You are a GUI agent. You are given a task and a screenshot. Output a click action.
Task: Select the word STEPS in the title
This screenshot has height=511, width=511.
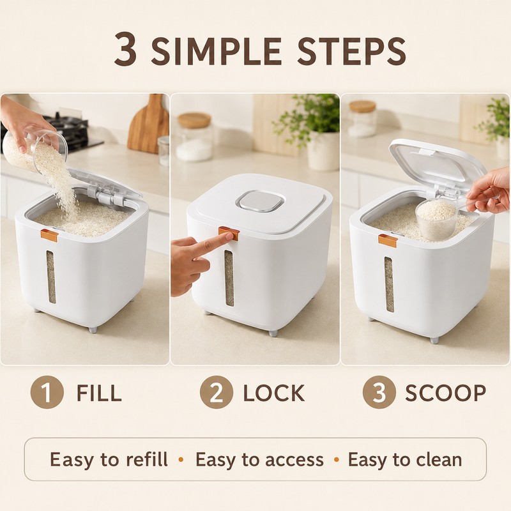click(351, 52)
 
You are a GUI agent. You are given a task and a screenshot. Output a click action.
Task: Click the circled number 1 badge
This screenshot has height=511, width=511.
click(47, 392)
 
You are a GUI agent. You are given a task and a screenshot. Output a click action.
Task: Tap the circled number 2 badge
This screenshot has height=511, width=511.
click(217, 392)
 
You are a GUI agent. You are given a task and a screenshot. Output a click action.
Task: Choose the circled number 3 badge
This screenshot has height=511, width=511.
click(379, 392)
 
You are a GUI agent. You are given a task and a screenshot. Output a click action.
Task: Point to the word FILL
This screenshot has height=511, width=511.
click(99, 393)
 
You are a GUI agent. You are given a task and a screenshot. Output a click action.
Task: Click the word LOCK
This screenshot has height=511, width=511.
click(274, 393)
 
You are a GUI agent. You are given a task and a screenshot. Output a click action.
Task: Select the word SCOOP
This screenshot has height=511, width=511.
click(445, 393)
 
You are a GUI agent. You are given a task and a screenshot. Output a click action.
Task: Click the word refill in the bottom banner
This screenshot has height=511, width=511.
click(147, 459)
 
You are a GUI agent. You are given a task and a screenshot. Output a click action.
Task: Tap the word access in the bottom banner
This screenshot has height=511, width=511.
click(294, 460)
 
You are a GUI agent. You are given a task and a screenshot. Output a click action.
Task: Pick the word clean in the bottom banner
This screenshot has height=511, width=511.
click(439, 459)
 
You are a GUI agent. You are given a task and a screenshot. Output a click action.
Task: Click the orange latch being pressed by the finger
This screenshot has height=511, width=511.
click(229, 233)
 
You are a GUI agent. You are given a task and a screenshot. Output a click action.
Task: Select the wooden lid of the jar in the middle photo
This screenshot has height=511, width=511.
click(194, 120)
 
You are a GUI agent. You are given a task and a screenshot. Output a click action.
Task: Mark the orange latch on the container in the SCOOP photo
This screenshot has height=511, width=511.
click(388, 241)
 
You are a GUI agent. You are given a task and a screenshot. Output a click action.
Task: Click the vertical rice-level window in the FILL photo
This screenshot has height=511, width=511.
click(50, 277)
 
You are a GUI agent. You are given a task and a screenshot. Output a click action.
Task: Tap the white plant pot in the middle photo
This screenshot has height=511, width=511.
click(323, 151)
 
